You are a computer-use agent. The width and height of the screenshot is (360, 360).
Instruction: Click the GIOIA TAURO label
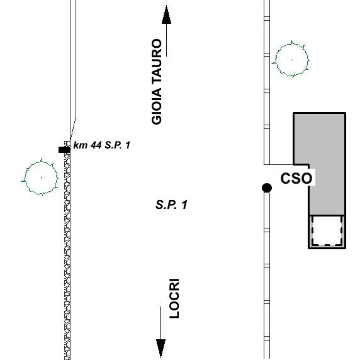(x=157, y=82)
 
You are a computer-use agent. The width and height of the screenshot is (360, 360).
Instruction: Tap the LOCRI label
(x=174, y=298)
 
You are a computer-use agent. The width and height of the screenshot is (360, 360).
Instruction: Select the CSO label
(x=296, y=178)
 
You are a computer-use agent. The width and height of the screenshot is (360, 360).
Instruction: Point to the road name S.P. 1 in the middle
(x=171, y=205)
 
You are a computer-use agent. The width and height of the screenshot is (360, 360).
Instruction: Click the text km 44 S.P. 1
(x=102, y=145)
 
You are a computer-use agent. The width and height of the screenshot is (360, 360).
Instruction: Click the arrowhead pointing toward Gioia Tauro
(x=166, y=15)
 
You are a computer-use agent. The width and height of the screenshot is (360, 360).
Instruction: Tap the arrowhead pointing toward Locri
(x=160, y=348)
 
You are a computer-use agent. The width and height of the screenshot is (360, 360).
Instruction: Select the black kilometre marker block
(x=64, y=150)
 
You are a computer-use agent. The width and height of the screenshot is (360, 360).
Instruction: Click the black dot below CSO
(x=267, y=188)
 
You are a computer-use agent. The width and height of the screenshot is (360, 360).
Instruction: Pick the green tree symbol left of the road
(x=41, y=177)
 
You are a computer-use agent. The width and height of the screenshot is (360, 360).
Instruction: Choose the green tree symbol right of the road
(x=291, y=59)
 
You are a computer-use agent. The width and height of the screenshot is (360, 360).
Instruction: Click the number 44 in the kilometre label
(x=96, y=145)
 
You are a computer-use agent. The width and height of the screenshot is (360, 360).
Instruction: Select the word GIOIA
(x=157, y=106)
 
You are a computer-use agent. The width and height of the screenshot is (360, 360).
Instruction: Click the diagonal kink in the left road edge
(x=73, y=128)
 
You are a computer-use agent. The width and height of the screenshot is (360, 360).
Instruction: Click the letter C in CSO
(x=286, y=178)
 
